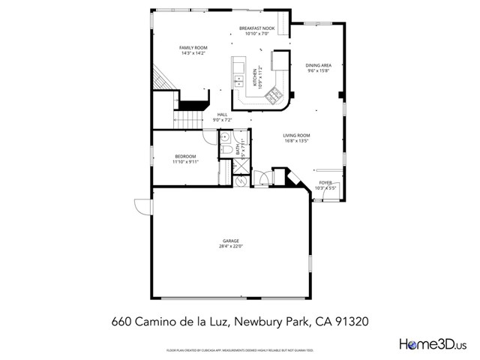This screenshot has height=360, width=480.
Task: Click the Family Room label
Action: pyautogui.click(x=193, y=47)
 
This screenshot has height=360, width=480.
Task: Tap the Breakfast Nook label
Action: pyautogui.click(x=256, y=28)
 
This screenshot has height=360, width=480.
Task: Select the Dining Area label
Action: pyautogui.click(x=319, y=65)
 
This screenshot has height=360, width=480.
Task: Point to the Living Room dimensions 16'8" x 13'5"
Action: pyautogui.click(x=296, y=140)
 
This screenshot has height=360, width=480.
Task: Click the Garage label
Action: pyautogui.click(x=230, y=241)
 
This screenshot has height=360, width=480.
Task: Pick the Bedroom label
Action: pyautogui.click(x=184, y=156)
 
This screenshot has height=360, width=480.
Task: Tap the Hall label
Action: pyautogui.click(x=222, y=115)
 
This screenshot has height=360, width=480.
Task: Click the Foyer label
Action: pyautogui.click(x=325, y=182)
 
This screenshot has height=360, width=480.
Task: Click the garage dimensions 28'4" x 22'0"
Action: pyautogui.click(x=230, y=247)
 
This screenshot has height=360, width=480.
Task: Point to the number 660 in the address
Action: pyautogui.click(x=121, y=320)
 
